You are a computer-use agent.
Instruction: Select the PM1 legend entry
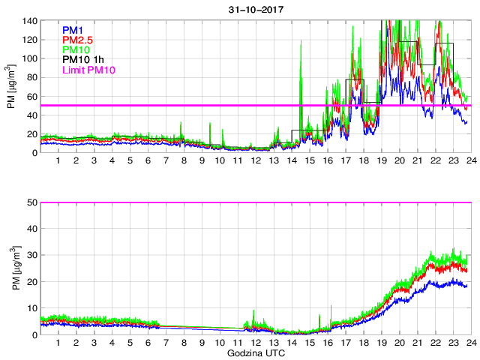[73, 30]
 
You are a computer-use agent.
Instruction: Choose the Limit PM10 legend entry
[90, 70]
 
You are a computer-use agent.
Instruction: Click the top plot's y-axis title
[10, 86]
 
